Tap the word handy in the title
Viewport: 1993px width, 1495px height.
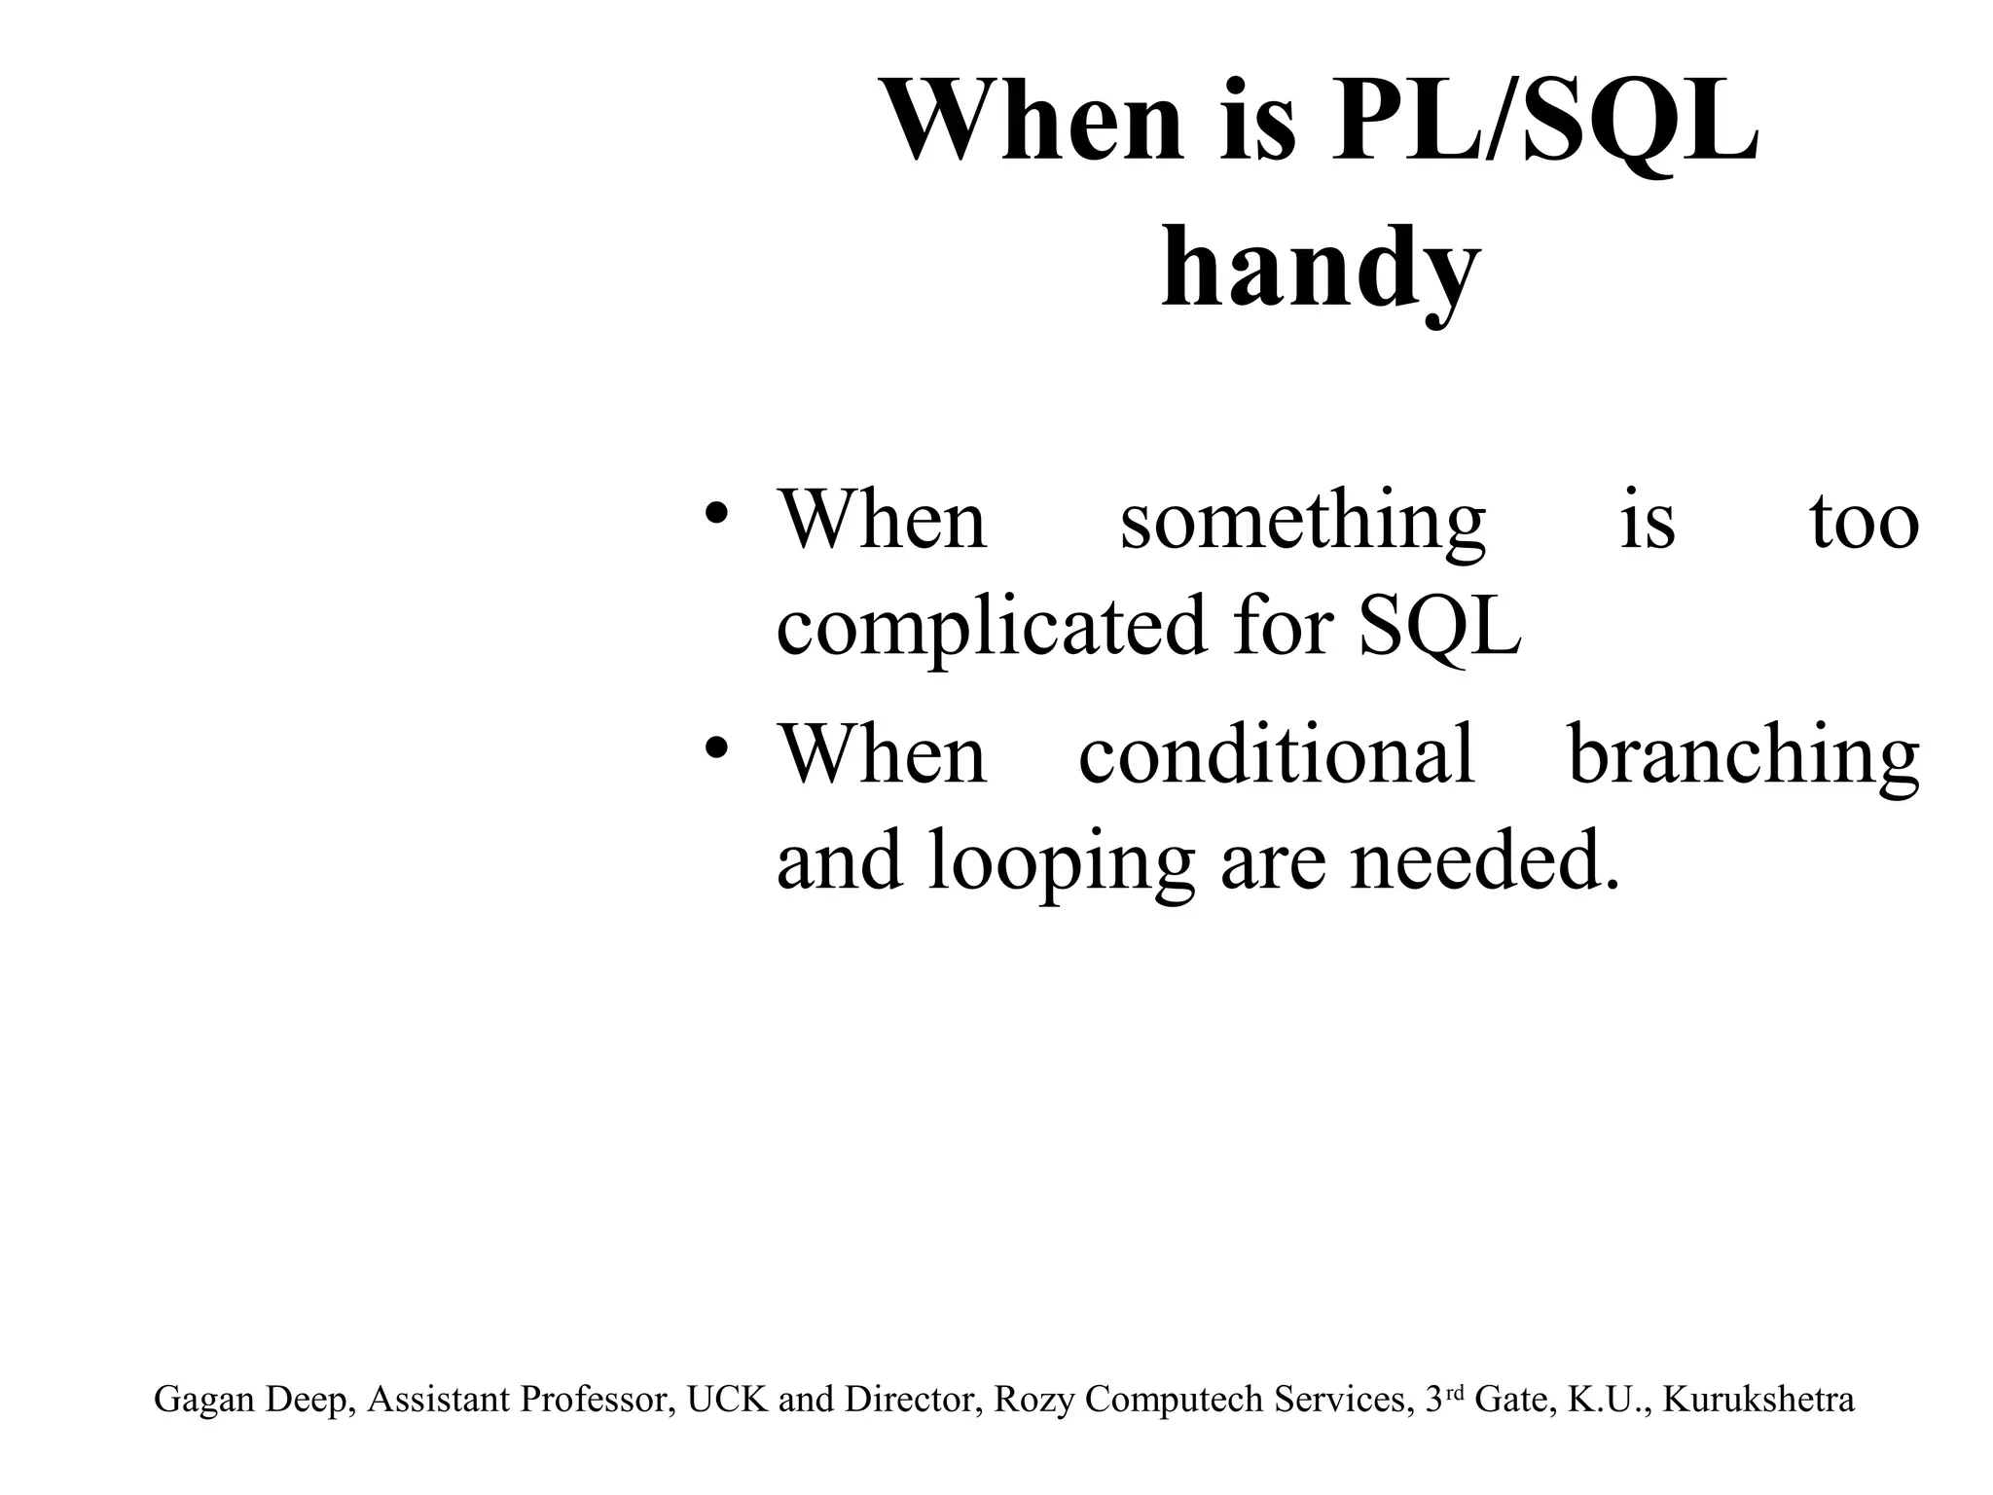pyautogui.click(x=1321, y=265)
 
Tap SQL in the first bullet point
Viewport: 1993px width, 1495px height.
pyautogui.click(x=1439, y=626)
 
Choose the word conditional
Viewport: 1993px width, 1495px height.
pyautogui.click(x=1277, y=755)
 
